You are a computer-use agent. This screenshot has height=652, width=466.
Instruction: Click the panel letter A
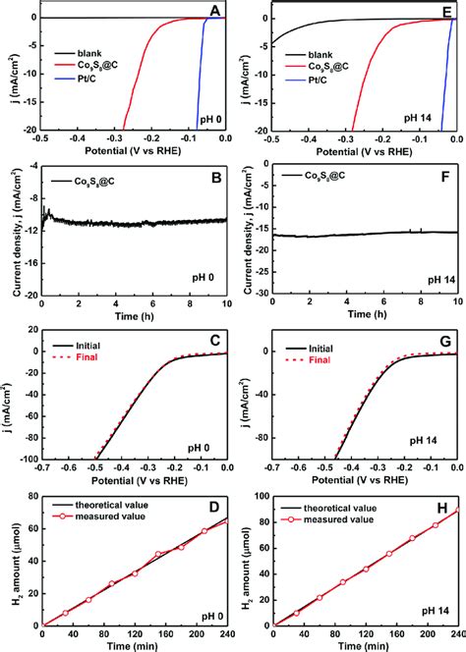point(215,13)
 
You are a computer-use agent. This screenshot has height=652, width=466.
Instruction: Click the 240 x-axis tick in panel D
point(227,633)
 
